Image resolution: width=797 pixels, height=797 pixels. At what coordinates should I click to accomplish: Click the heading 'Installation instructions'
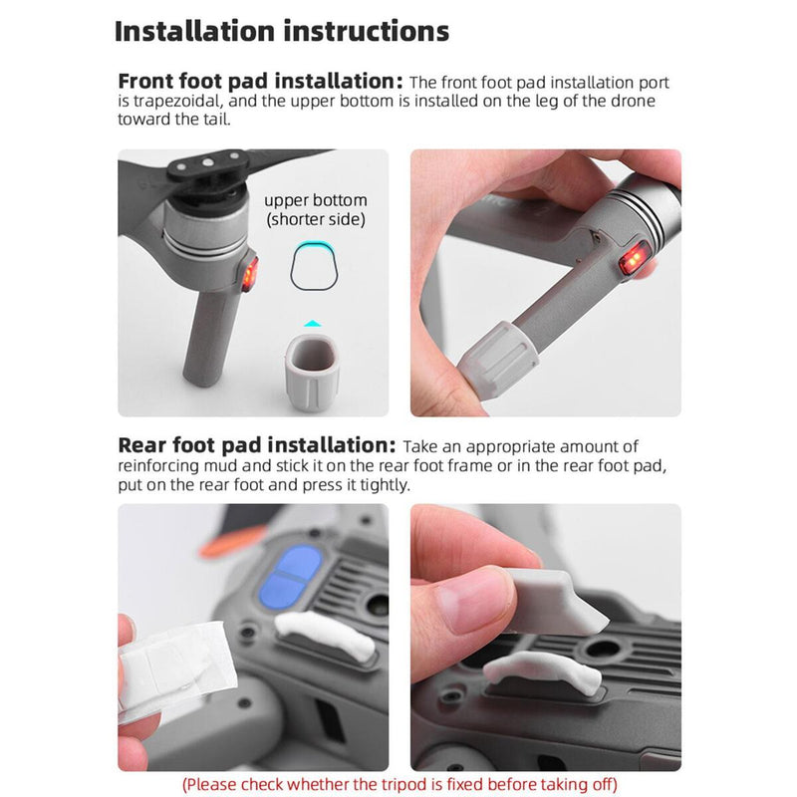pos(282,31)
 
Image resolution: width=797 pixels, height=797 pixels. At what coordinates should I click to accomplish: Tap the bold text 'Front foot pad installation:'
pos(260,82)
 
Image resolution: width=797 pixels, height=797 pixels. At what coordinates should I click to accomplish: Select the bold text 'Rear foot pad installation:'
pos(257,445)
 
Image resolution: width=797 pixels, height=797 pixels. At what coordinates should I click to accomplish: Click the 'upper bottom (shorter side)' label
pos(316,209)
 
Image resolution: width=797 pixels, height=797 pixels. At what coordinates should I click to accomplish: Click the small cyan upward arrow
pos(313,323)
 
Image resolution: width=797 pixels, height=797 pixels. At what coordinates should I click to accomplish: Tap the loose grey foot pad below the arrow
pos(312,373)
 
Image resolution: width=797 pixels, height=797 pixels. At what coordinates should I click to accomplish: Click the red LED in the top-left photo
pos(250,275)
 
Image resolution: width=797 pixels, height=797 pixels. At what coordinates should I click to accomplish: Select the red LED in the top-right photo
pos(635,259)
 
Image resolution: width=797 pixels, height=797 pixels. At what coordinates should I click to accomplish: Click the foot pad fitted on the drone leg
pos(497,359)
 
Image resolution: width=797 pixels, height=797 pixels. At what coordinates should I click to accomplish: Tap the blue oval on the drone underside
pos(290,577)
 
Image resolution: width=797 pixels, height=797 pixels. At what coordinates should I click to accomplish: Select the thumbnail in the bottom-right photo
pos(471,602)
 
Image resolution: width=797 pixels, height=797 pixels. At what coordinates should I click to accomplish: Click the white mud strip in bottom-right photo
pos(542,670)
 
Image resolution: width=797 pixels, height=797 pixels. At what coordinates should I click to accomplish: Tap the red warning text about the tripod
pos(399,784)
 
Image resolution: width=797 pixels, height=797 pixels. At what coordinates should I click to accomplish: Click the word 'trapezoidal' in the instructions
pos(170,102)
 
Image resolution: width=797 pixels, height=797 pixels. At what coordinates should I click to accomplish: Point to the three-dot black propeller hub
pos(208,165)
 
